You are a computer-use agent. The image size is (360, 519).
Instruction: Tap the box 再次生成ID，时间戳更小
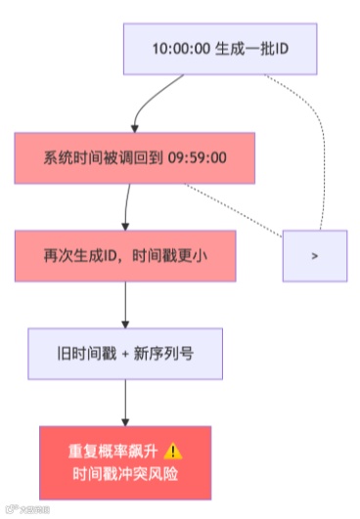[125, 254]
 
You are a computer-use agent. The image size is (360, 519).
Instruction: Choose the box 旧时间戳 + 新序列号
[125, 352]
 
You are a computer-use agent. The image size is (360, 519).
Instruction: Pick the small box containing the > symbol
[314, 255]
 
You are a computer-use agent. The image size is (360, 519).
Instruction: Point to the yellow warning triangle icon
[173, 451]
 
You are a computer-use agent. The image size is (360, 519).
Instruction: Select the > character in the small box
[314, 255]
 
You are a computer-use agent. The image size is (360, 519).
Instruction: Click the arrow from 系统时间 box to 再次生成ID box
[127, 205]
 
